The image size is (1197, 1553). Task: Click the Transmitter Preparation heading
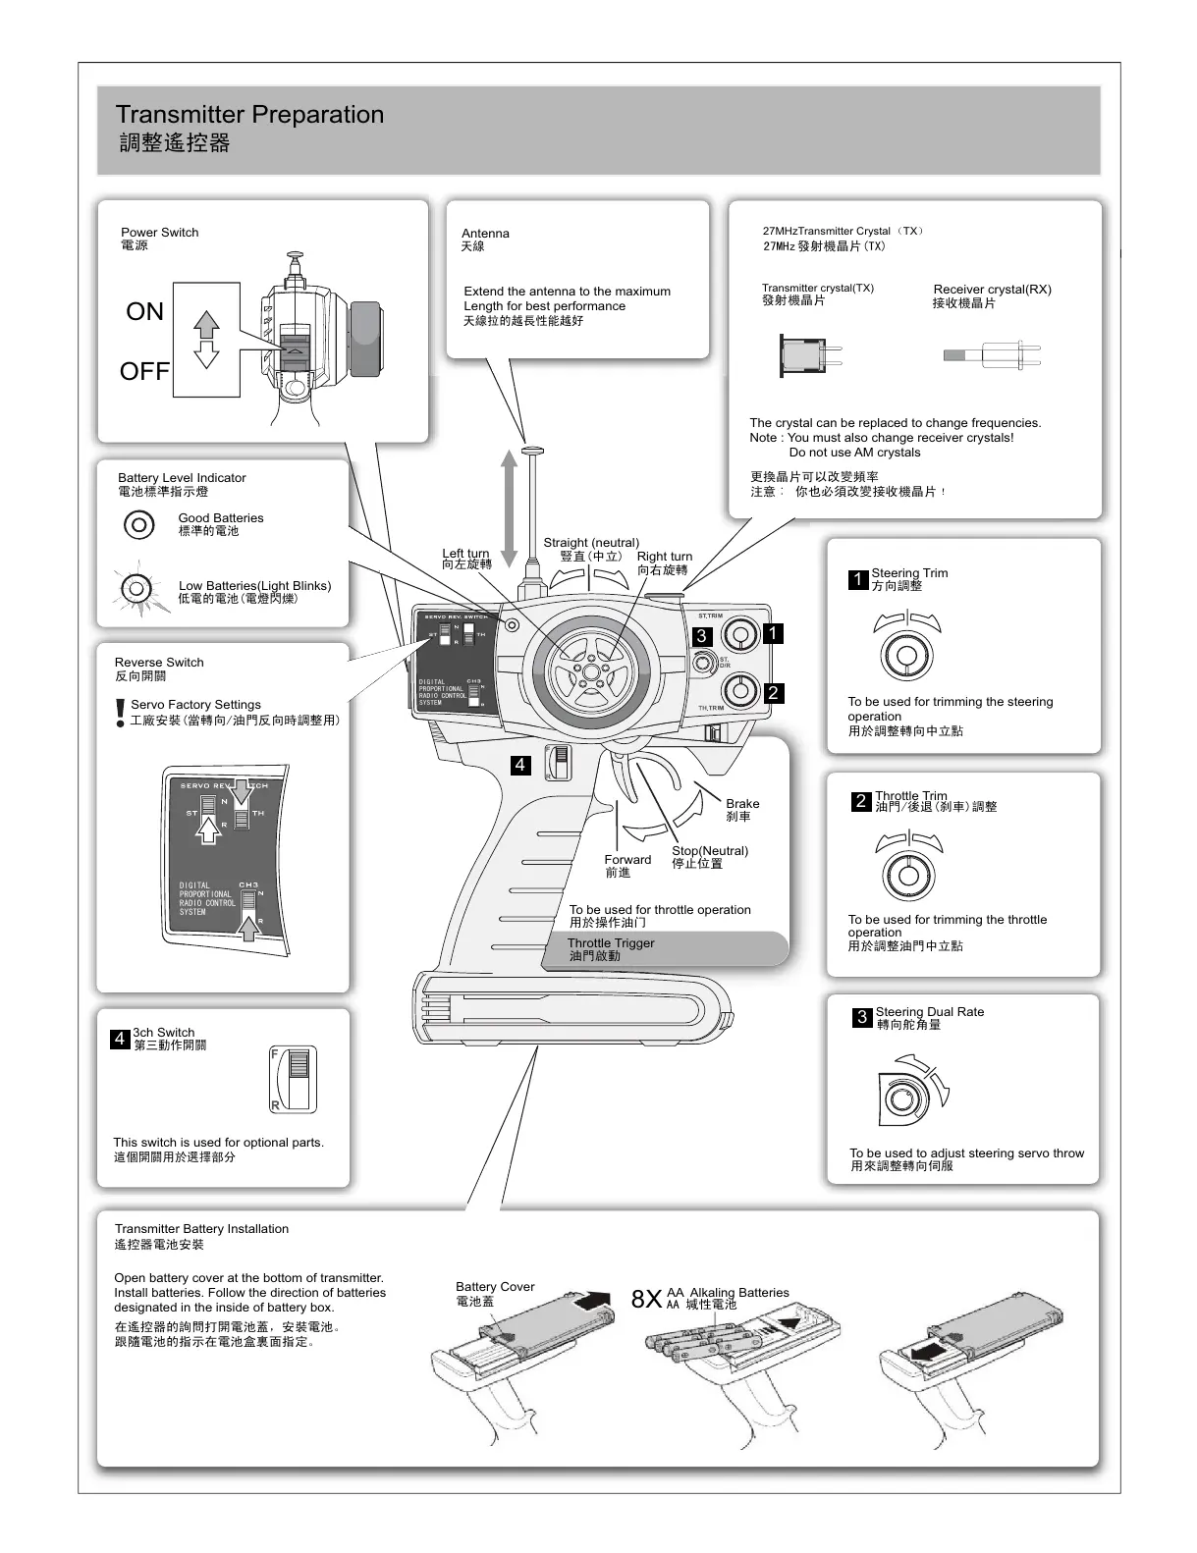click(x=249, y=115)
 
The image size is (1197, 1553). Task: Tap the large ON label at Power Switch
click(x=144, y=312)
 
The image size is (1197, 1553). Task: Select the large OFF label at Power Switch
click(x=144, y=372)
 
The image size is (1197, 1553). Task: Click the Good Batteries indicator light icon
click(x=139, y=524)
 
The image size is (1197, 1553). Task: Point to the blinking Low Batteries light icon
click(x=136, y=590)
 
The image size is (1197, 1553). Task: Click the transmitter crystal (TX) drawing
click(x=809, y=354)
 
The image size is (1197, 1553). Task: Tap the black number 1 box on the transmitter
click(x=773, y=633)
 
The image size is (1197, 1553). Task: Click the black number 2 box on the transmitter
click(x=773, y=693)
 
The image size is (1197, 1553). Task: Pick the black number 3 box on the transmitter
click(x=701, y=636)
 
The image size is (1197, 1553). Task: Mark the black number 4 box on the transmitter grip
click(x=520, y=765)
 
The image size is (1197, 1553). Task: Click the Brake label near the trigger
click(x=742, y=804)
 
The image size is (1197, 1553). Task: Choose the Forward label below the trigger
click(x=627, y=860)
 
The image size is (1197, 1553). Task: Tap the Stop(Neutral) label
click(x=710, y=851)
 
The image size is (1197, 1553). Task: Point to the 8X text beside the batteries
click(x=647, y=1300)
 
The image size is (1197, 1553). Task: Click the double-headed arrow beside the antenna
click(x=509, y=509)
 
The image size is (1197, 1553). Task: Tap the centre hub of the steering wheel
click(x=590, y=670)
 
